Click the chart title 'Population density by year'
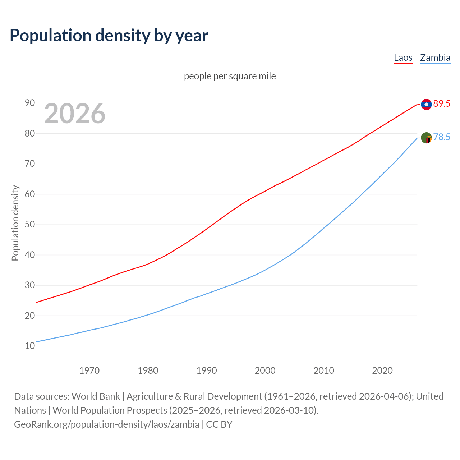pos(109,35)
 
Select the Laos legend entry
pos(403,57)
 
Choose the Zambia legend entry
pos(435,57)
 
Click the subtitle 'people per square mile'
pos(230,76)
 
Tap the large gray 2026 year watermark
pos(75,114)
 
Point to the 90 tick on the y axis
pos(30,103)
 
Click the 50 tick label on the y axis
pos(30,225)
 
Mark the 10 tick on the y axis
pos(30,346)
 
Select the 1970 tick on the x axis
pos(89,371)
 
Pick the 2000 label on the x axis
pos(265,371)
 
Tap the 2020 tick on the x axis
pos(382,371)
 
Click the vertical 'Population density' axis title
pos(15,223)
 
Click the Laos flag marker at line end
pos(426,104)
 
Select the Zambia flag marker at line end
pos(426,138)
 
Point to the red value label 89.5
pos(442,104)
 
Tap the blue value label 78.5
pos(442,137)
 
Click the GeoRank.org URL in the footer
pos(106,424)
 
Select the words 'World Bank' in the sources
pos(96,396)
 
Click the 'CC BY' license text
pos(219,424)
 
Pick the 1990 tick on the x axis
pos(207,371)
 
